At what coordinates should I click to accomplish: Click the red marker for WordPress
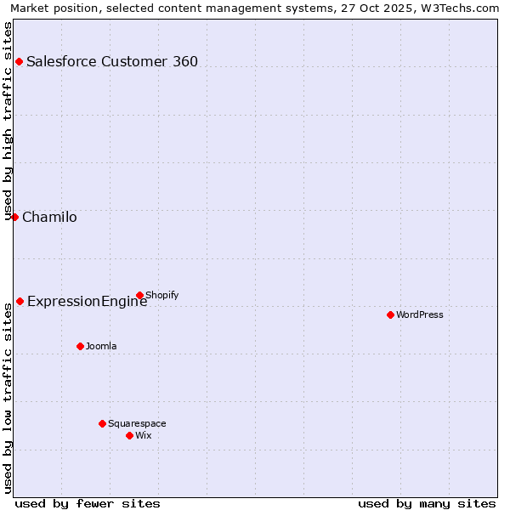pos(390,314)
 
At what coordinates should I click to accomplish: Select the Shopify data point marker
pos(139,295)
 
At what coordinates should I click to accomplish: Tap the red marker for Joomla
pos(80,346)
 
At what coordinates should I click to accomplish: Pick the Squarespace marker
pos(102,423)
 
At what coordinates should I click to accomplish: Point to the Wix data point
pos(129,435)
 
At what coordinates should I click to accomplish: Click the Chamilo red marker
pos(14,217)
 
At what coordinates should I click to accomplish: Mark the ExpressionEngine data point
pos(20,301)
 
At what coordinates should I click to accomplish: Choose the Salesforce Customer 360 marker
pos(19,61)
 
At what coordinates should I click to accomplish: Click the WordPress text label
pos(420,314)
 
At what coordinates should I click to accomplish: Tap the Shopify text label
pos(162,295)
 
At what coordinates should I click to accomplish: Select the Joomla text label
pos(101,346)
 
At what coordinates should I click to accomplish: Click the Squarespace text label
pos(137,423)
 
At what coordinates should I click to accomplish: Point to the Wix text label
pos(144,435)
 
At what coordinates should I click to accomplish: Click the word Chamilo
pos(49,217)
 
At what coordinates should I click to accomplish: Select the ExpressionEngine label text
pos(87,301)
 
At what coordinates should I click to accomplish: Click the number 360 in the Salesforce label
pos(184,61)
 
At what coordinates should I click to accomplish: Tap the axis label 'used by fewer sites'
pos(88,503)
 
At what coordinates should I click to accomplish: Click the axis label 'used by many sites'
pos(427,503)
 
